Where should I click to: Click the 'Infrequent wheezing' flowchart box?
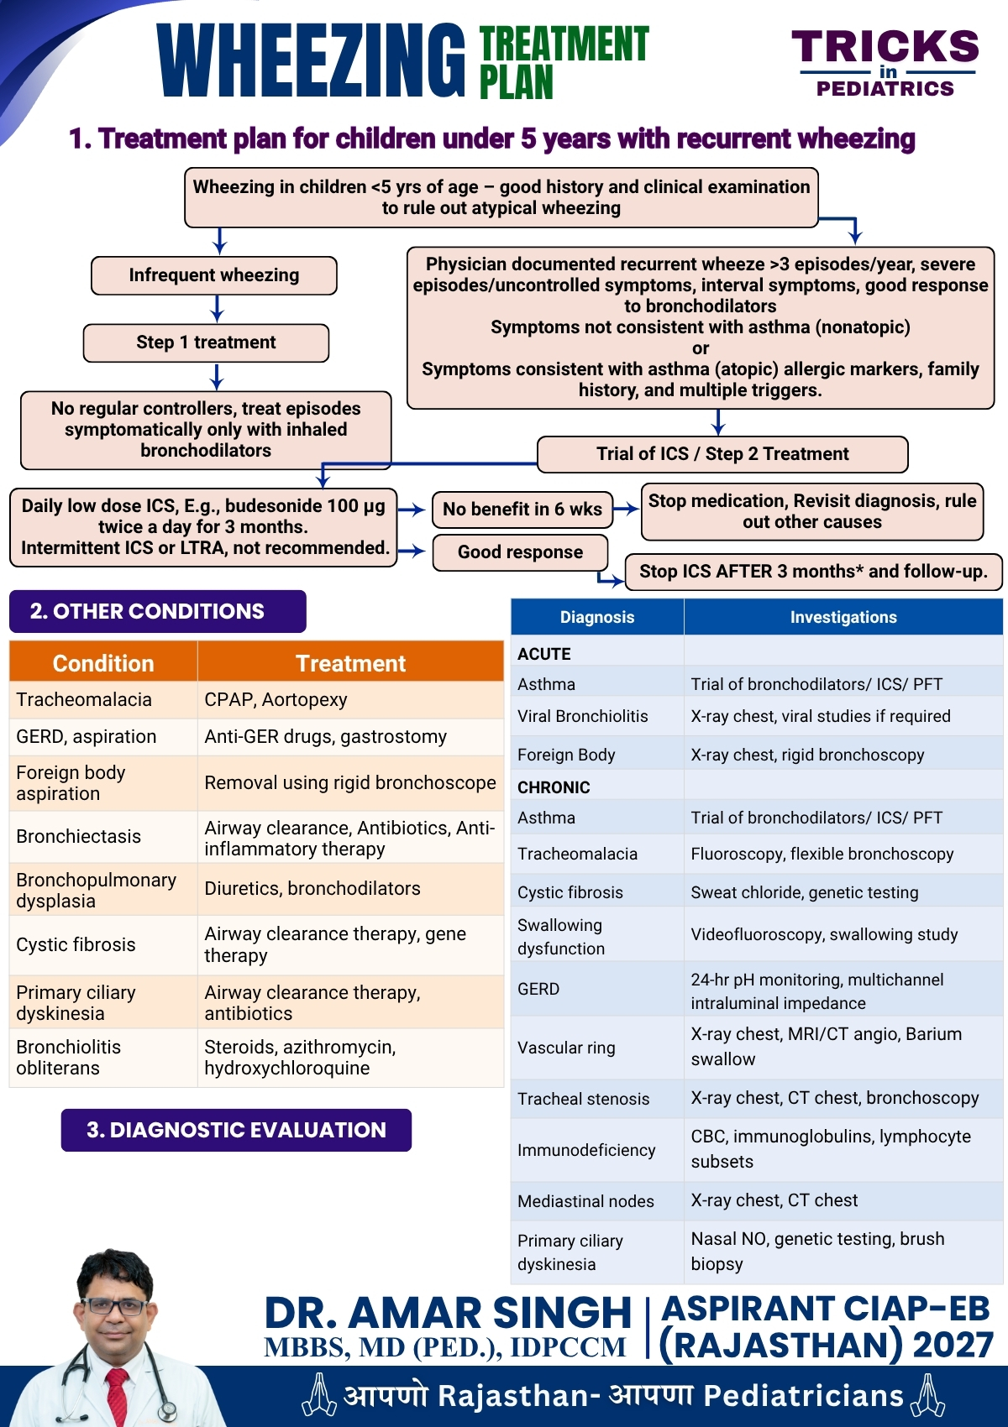(213, 275)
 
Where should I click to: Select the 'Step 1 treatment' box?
(206, 342)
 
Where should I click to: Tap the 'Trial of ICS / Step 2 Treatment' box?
(722, 454)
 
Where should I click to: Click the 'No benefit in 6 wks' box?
(522, 509)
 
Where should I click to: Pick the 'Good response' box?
(520, 552)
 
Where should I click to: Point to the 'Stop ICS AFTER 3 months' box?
(813, 572)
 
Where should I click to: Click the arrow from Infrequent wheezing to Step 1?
(217, 309)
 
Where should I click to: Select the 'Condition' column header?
(103, 663)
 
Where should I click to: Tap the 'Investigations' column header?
(843, 617)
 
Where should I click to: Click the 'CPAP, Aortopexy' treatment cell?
(350, 699)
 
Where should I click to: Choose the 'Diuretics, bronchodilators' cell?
(350, 889)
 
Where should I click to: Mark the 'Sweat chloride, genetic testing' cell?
(843, 891)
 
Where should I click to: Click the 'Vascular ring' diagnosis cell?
(597, 1048)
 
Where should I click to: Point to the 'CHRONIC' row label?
(554, 787)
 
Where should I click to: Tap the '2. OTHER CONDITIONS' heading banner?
(157, 612)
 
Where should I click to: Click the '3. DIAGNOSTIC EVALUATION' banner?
(236, 1130)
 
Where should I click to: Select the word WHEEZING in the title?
(311, 60)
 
